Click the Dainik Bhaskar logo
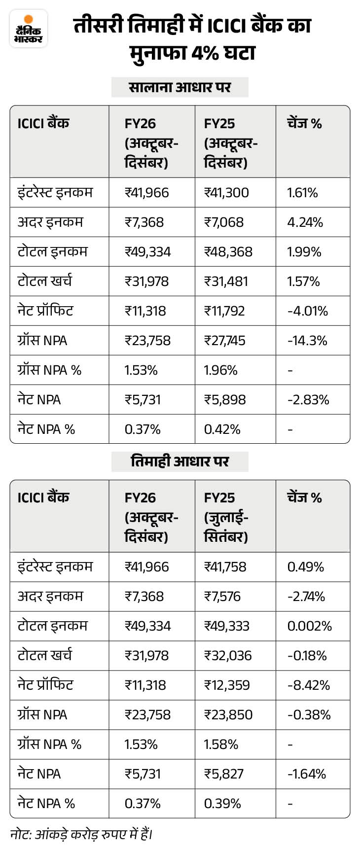29,29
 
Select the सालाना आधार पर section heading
180,87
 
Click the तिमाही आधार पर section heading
180,461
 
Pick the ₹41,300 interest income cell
226,192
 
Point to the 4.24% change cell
305,222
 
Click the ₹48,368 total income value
228,251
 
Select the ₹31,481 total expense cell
226,281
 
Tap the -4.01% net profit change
308,311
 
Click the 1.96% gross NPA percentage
220,370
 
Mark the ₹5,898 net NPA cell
225,399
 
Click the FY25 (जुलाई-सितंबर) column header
227,517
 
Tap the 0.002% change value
310,626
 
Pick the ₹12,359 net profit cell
227,685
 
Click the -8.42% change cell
309,685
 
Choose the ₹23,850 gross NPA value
228,714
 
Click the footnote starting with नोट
81,834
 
